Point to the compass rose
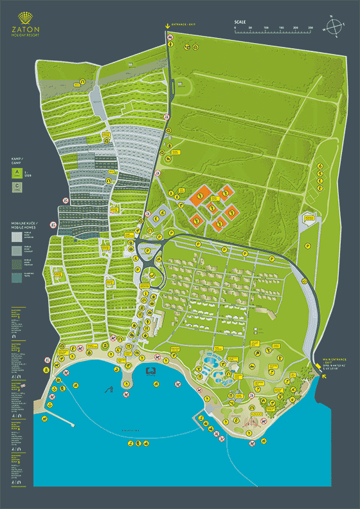334,28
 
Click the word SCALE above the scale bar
240,22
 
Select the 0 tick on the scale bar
235,28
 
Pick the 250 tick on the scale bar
310,28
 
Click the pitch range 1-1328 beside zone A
27,174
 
